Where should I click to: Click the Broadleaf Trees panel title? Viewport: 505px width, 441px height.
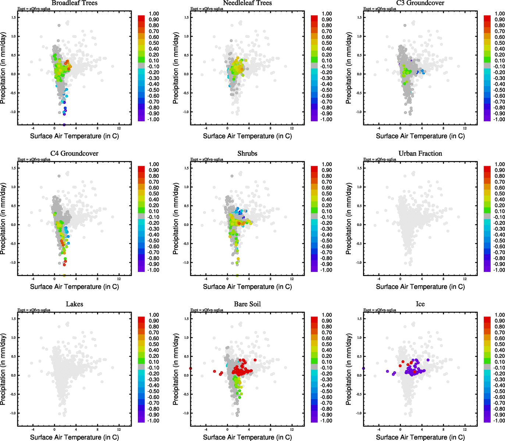coord(74,3)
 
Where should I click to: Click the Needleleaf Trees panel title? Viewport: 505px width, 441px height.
coord(247,3)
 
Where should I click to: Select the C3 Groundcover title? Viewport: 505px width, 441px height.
coord(420,3)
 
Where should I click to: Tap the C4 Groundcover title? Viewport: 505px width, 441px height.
coord(74,153)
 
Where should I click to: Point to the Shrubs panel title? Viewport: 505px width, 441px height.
coord(247,153)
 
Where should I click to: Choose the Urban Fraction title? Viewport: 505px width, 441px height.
coord(420,153)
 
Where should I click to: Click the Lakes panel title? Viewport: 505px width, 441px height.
coord(74,304)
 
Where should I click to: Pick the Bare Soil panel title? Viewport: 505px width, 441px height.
coord(247,304)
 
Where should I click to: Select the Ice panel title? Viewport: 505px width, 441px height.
coord(420,304)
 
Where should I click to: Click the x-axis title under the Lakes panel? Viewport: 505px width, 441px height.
coord(74,437)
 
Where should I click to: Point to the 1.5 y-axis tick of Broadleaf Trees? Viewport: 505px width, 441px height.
coord(13,17)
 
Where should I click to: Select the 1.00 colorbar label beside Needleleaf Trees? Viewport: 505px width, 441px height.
coord(327,14)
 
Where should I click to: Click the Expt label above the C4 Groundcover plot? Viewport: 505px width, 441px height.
coord(34,159)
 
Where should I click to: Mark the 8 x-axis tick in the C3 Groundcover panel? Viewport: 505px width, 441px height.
coord(443,128)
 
